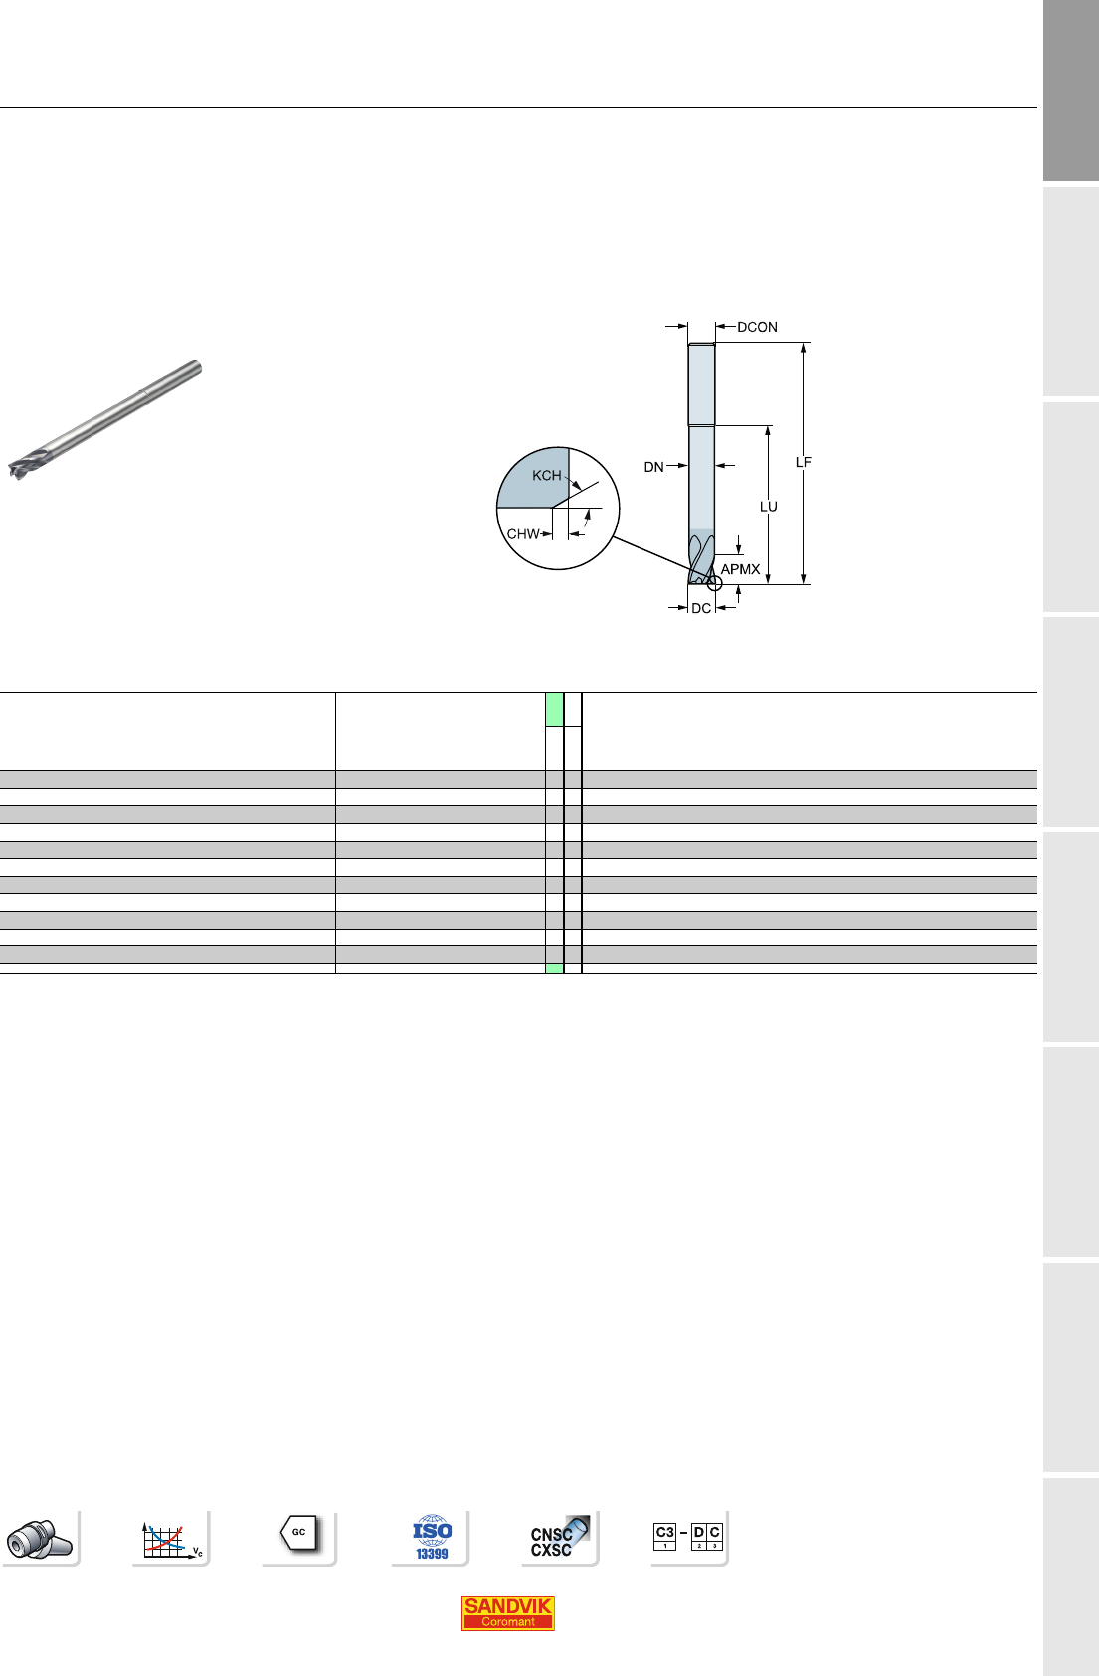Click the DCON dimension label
pyautogui.click(x=757, y=327)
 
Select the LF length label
pyautogui.click(x=803, y=463)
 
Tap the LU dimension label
pyautogui.click(x=769, y=507)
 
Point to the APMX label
pyautogui.click(x=740, y=569)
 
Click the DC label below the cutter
pyautogui.click(x=701, y=608)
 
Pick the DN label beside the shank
pyautogui.click(x=654, y=467)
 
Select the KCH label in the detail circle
pyautogui.click(x=546, y=475)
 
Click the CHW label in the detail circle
pyautogui.click(x=523, y=534)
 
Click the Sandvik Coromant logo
pyautogui.click(x=507, y=1612)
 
